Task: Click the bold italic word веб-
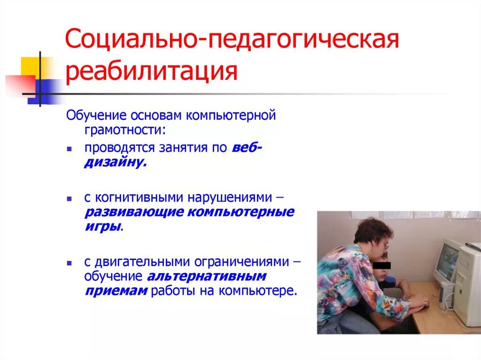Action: [247, 148]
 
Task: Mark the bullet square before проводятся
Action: [69, 149]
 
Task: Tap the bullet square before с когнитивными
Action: [69, 198]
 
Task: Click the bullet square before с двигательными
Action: [69, 261]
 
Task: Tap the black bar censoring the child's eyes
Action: [381, 265]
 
